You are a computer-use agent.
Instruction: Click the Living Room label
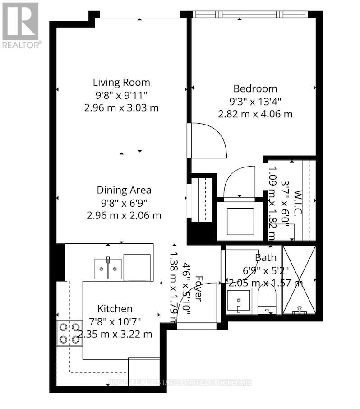click(x=121, y=83)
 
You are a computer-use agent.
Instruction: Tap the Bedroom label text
click(x=255, y=88)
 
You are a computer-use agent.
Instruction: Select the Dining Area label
click(x=124, y=190)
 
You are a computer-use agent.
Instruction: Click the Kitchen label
click(x=115, y=309)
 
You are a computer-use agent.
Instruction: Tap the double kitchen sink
click(x=108, y=269)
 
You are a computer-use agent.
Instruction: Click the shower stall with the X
click(x=299, y=280)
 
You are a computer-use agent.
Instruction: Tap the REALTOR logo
click(x=21, y=25)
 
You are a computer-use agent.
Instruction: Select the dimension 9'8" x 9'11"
click(x=121, y=95)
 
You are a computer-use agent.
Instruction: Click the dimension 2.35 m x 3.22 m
click(x=115, y=335)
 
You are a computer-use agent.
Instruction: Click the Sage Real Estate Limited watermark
click(x=180, y=383)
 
